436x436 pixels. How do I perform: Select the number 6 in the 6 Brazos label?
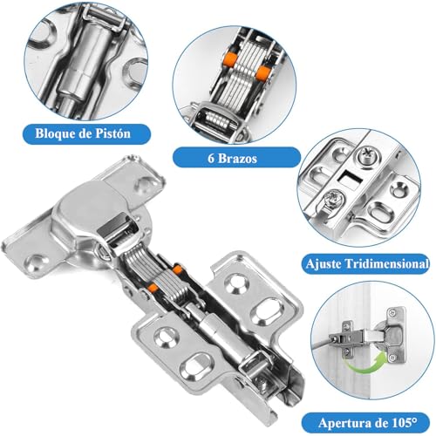(211, 159)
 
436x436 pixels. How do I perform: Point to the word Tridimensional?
(386, 264)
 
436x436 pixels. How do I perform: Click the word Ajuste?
(324, 264)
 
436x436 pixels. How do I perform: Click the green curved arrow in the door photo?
(365, 364)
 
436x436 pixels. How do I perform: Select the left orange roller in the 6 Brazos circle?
(228, 58)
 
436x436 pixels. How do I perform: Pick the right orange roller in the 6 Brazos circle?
(263, 72)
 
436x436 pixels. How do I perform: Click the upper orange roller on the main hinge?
(177, 269)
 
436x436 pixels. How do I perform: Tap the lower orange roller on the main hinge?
(153, 288)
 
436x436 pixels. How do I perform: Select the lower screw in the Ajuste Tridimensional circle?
(334, 200)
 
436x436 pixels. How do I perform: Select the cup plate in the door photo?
(394, 335)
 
